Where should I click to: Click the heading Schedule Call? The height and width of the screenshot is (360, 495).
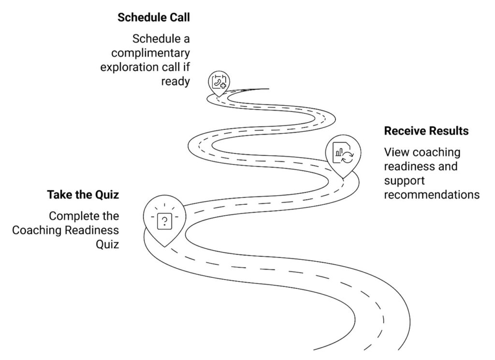pos(154,18)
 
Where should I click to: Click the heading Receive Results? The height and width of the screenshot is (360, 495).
pos(426,131)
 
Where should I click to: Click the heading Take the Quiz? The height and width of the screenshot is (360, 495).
pos(83,195)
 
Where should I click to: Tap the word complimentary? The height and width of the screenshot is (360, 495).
pos(145,53)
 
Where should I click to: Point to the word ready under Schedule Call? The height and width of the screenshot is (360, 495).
pos(175,81)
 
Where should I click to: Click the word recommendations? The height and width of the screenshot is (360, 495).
pos(432,195)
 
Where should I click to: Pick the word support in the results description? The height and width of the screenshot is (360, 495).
pos(404,181)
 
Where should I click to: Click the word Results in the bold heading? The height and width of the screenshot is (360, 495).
pos(448,131)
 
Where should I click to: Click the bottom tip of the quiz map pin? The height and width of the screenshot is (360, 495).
pos(165,246)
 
